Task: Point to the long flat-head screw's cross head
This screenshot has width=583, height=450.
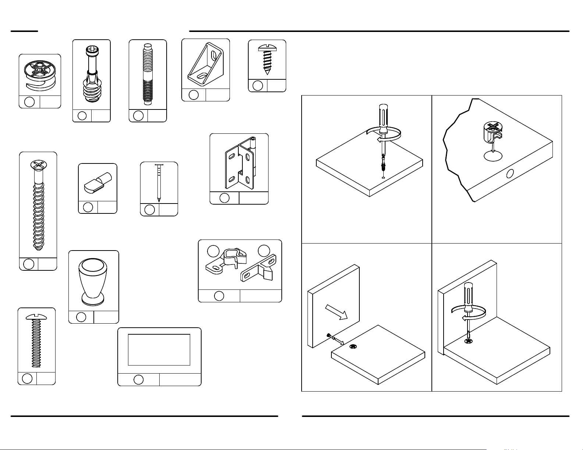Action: [x=38, y=165]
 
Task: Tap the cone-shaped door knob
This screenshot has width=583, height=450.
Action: [x=93, y=281]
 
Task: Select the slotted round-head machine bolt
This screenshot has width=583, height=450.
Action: [x=36, y=340]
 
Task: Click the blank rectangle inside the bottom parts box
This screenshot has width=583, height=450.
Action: [x=159, y=350]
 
